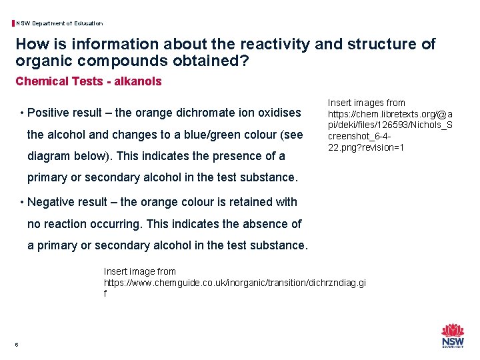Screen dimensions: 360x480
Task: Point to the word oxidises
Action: click(x=278, y=113)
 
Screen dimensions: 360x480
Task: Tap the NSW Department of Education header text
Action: click(x=59, y=23)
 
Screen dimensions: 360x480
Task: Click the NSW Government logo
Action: click(x=453, y=335)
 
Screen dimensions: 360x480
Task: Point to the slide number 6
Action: click(x=17, y=344)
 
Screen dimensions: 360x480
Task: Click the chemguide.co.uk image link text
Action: click(x=235, y=283)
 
